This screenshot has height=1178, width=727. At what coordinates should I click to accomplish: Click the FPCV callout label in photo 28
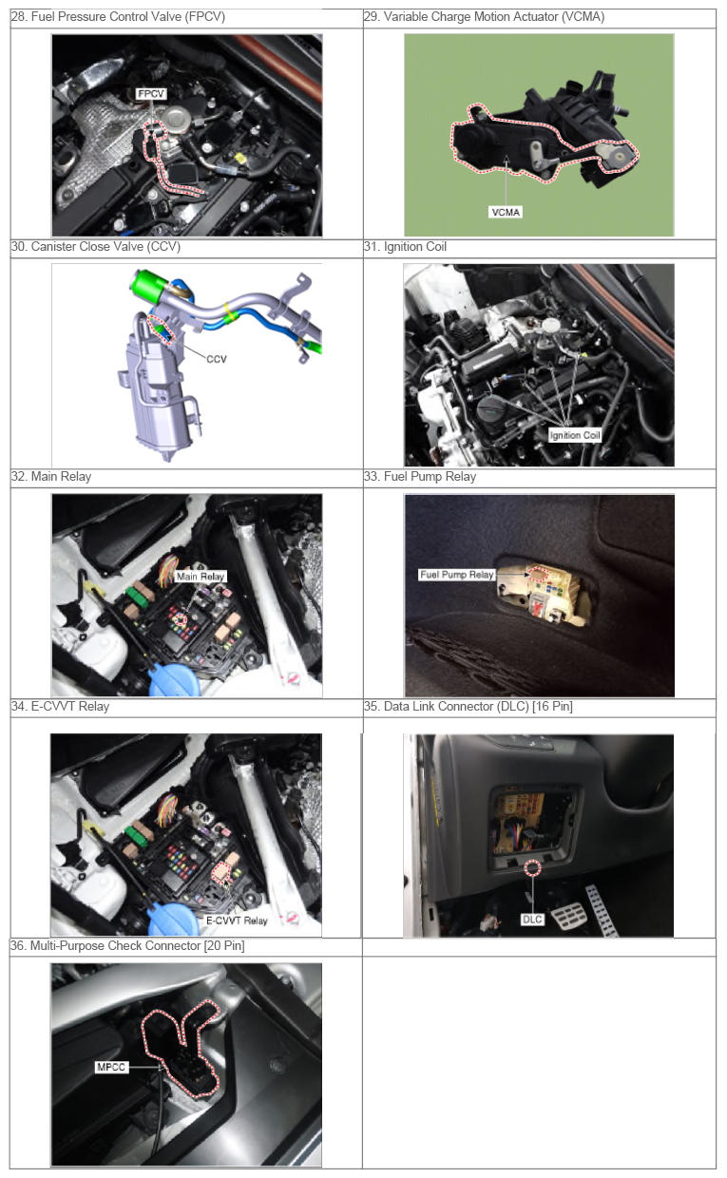pyautogui.click(x=151, y=94)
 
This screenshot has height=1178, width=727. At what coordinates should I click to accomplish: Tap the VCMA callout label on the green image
pyautogui.click(x=506, y=212)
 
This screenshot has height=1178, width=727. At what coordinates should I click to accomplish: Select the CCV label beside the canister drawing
pyautogui.click(x=217, y=359)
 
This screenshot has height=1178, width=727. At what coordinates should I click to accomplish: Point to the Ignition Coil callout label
pyautogui.click(x=574, y=435)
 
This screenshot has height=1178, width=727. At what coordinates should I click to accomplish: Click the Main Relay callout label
pyautogui.click(x=200, y=577)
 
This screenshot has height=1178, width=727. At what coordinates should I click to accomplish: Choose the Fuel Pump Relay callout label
pyautogui.click(x=456, y=575)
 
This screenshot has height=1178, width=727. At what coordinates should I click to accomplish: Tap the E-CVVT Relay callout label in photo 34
pyautogui.click(x=237, y=921)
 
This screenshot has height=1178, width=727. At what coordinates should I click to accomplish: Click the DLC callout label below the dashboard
pyautogui.click(x=532, y=920)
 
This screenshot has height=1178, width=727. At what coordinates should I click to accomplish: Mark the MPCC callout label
pyautogui.click(x=111, y=1067)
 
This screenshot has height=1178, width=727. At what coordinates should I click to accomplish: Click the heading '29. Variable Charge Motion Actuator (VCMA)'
pyautogui.click(x=484, y=17)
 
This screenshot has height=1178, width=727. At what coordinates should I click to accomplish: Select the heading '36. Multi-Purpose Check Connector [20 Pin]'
pyautogui.click(x=127, y=945)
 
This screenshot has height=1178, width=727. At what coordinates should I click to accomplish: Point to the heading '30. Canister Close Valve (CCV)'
pyautogui.click(x=96, y=247)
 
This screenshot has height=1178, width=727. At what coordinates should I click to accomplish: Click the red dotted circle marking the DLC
pyautogui.click(x=532, y=867)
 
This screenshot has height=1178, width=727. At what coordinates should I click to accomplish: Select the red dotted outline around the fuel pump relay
pyautogui.click(x=538, y=574)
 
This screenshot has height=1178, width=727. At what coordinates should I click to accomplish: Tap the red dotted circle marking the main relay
pyautogui.click(x=181, y=620)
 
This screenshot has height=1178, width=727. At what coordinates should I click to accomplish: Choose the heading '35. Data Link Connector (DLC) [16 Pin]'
pyautogui.click(x=469, y=706)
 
